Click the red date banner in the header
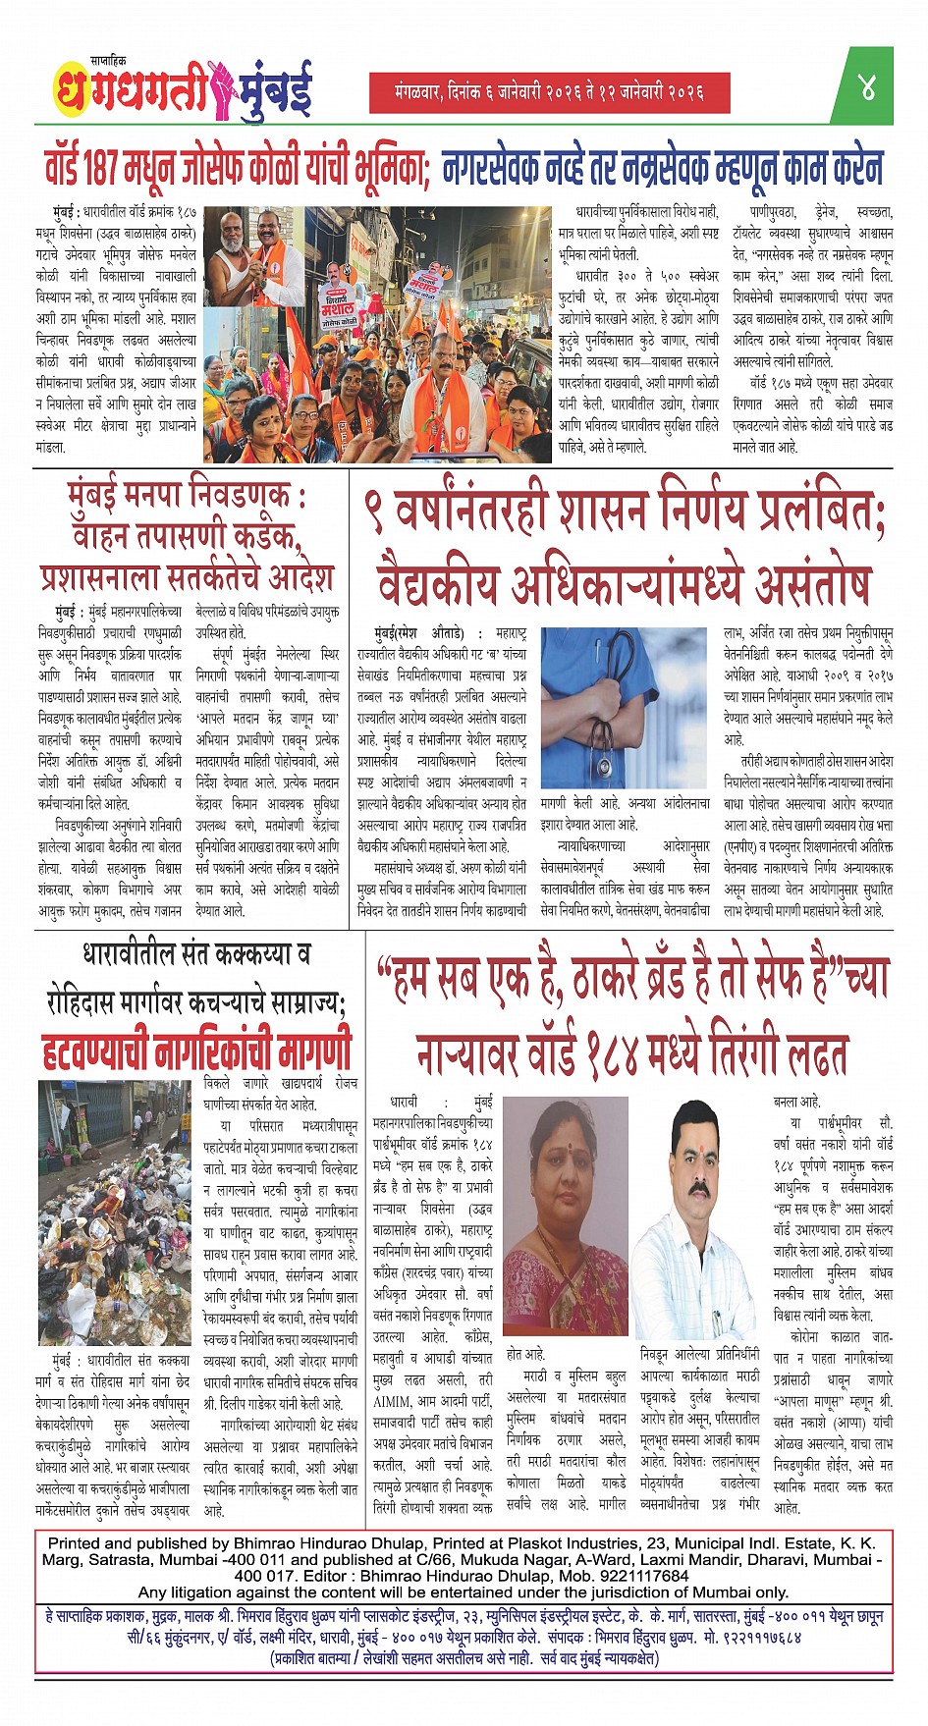(x=550, y=92)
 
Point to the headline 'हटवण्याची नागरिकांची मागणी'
(x=196, y=1049)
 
